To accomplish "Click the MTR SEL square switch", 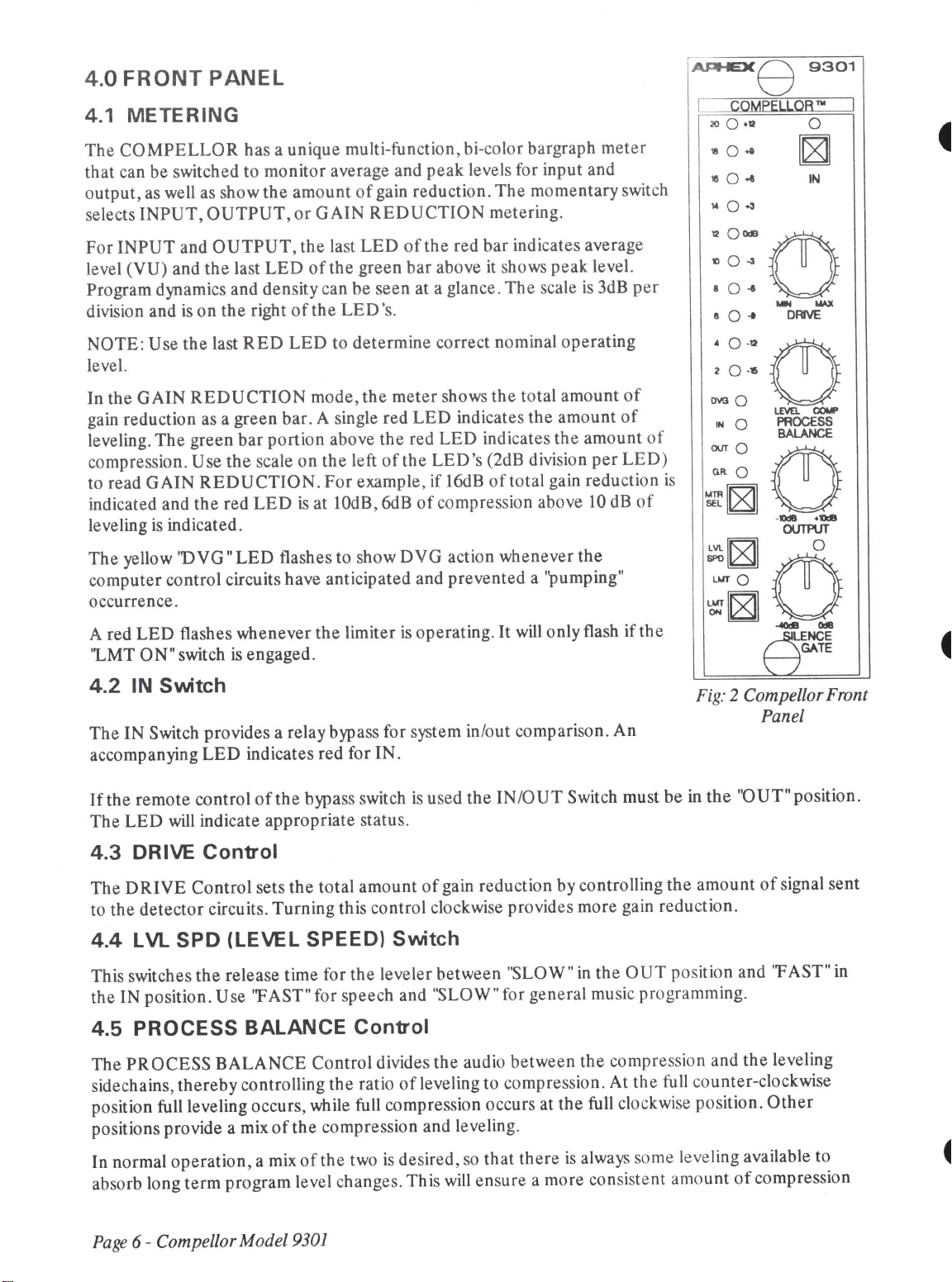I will click(741, 498).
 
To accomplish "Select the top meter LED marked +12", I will click(731, 125).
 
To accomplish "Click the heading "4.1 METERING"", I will click(162, 114).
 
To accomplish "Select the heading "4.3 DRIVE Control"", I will click(183, 850).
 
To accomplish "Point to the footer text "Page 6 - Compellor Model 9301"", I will click(210, 1241).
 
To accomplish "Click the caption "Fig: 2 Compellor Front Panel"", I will click(782, 705).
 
